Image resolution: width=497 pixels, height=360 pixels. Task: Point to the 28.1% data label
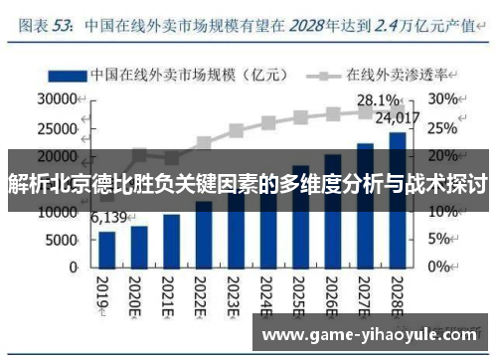point(379,100)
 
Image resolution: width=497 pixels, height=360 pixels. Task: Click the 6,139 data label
point(109,218)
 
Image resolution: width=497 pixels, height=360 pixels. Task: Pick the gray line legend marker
point(322,75)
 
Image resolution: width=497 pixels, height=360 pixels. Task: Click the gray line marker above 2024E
point(268,124)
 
